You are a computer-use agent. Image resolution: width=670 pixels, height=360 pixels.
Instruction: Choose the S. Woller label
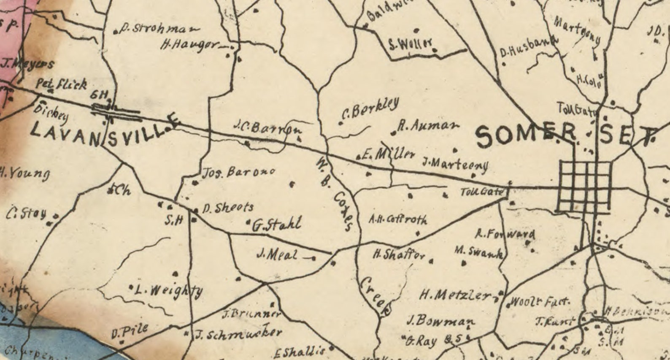411,44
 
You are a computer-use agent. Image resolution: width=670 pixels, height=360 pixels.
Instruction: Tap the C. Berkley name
370,108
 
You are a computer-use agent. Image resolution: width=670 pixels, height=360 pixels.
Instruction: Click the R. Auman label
428,126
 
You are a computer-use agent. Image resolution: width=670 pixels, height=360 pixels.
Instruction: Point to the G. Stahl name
277,224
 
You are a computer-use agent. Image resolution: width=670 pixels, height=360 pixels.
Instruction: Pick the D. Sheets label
228,208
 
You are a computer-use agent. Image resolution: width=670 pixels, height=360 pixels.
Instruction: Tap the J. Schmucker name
238,333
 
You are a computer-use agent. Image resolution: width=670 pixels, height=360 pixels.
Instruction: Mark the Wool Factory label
540,302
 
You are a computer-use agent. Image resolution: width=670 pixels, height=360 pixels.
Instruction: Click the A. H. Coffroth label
398,219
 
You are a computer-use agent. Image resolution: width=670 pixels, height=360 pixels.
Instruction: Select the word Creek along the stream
376,297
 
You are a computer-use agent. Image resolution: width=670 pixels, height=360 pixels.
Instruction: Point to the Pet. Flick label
62,84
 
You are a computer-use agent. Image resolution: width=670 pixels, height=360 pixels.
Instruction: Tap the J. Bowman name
440,321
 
